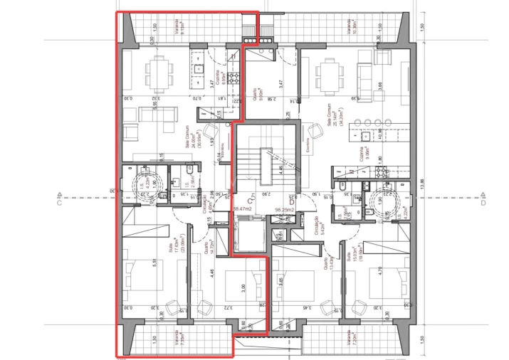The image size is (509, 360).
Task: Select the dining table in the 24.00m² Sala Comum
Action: click(x=158, y=70)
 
